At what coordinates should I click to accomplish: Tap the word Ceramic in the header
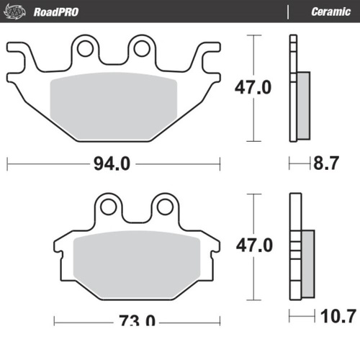(330, 12)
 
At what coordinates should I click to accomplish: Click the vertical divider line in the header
(288, 12)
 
